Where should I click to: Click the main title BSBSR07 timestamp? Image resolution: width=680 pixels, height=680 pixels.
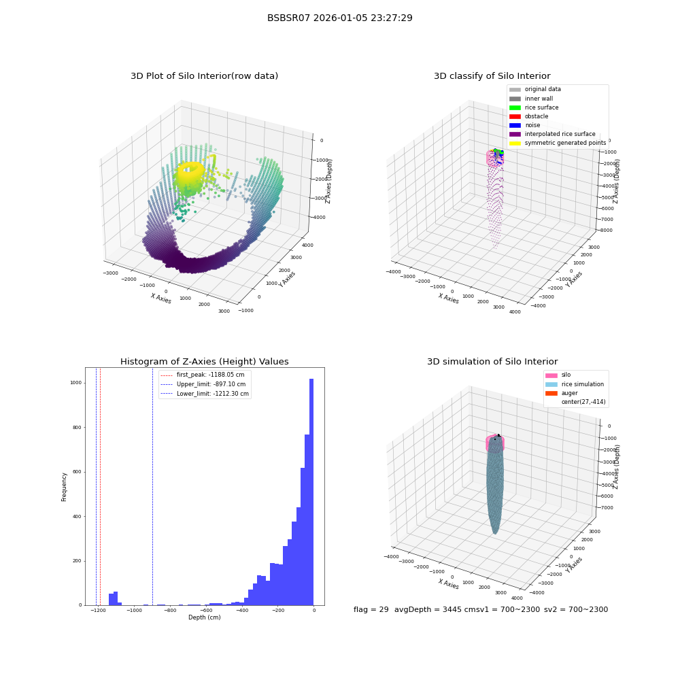click(x=339, y=18)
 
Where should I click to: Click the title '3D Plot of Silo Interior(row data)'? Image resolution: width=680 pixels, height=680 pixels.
click(x=204, y=76)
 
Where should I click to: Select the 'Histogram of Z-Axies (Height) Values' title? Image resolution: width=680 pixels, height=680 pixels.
click(x=204, y=361)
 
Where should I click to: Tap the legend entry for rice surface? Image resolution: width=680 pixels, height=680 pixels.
click(x=534, y=107)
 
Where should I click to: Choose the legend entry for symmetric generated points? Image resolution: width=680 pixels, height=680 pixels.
click(x=558, y=143)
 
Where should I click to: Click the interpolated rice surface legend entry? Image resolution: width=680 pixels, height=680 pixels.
click(x=552, y=134)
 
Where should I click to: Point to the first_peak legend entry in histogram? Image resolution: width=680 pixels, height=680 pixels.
click(x=203, y=375)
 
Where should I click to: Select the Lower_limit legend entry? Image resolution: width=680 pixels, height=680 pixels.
click(x=205, y=394)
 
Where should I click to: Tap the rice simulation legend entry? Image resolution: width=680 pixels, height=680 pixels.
click(x=575, y=384)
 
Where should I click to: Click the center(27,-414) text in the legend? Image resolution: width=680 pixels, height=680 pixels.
click(x=583, y=402)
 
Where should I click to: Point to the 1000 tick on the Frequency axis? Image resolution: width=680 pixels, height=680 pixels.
click(x=76, y=382)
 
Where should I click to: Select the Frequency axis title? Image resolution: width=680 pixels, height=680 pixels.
click(x=64, y=487)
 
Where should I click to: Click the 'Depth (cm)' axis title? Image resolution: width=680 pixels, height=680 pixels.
click(x=204, y=617)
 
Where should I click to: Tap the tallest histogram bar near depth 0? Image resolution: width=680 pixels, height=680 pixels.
click(x=311, y=492)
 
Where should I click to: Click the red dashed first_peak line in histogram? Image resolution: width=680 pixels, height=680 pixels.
click(x=100, y=486)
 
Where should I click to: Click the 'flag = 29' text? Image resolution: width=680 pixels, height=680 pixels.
click(x=371, y=609)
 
